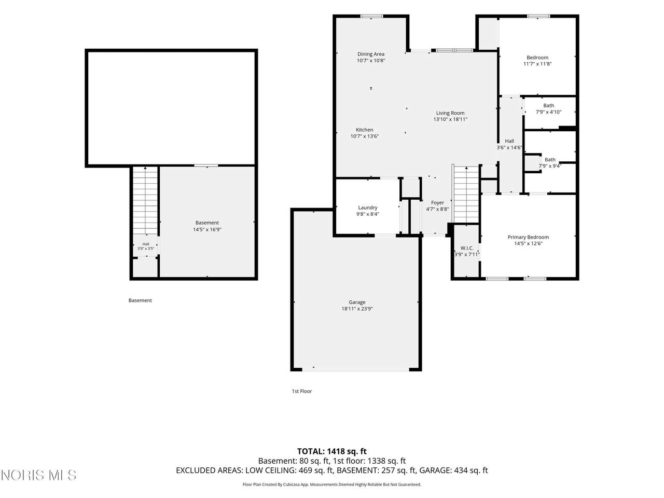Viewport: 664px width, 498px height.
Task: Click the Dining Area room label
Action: tap(370, 54)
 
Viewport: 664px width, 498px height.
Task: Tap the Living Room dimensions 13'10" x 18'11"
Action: tap(450, 119)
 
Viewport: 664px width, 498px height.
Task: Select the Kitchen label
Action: tap(364, 130)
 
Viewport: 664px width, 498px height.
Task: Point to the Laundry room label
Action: tap(368, 208)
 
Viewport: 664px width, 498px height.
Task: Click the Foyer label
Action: tap(437, 203)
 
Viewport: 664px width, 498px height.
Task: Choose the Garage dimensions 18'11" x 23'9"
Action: tap(357, 309)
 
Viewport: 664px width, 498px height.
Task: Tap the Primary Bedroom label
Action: tap(528, 237)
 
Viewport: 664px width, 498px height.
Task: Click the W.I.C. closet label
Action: tap(467, 248)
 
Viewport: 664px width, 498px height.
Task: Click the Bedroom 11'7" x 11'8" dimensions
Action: tap(537, 64)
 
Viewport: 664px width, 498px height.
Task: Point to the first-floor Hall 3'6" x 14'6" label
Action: tap(509, 144)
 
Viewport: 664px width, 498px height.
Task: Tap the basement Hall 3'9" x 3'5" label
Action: tap(146, 246)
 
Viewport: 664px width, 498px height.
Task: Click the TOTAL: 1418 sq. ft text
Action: tap(332, 451)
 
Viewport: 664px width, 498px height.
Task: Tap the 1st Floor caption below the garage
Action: tap(301, 391)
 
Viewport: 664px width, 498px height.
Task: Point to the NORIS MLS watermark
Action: tap(39, 475)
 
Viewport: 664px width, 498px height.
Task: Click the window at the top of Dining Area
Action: tap(372, 16)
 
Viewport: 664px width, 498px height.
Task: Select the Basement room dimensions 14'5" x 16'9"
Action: tap(207, 229)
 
